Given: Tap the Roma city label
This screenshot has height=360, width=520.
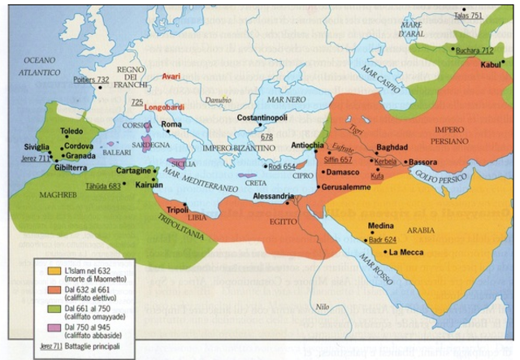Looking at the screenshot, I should pyautogui.click(x=171, y=124).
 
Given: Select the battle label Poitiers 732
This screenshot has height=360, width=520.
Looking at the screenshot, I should pyautogui.click(x=91, y=80).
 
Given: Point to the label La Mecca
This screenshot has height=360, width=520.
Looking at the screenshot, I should pyautogui.click(x=404, y=253).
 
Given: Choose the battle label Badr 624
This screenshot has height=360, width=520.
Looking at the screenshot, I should pyautogui.click(x=382, y=240).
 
